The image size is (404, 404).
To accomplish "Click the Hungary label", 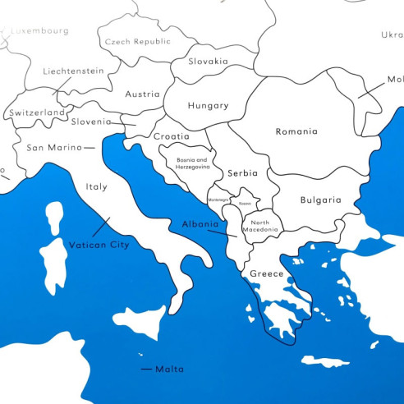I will click(x=208, y=106).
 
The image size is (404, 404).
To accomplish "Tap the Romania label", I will click(x=296, y=131).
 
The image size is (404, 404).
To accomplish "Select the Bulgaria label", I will click(x=320, y=200).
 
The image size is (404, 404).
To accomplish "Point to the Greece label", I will click(x=266, y=273).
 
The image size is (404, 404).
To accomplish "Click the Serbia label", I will click(x=243, y=173).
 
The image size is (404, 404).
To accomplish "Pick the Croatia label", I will click(x=171, y=136).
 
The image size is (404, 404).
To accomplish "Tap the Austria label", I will click(x=142, y=94).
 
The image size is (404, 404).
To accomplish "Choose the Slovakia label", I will click(x=208, y=61).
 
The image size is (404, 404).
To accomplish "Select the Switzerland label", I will click(x=37, y=112).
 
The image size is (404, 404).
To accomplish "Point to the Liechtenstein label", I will click(x=73, y=71).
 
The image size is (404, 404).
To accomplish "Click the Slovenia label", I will click(x=90, y=122).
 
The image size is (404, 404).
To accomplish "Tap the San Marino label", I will click(x=54, y=148).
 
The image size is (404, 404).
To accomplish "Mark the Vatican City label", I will click(x=99, y=245).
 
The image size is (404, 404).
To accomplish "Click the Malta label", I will click(x=169, y=369).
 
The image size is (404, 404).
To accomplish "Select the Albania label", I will click(x=200, y=224).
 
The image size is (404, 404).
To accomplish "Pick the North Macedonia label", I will click(x=260, y=227).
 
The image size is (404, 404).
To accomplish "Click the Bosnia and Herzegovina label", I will click(x=188, y=163).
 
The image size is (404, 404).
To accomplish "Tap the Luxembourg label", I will click(x=39, y=31).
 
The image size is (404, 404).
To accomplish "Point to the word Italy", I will click(x=96, y=186).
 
